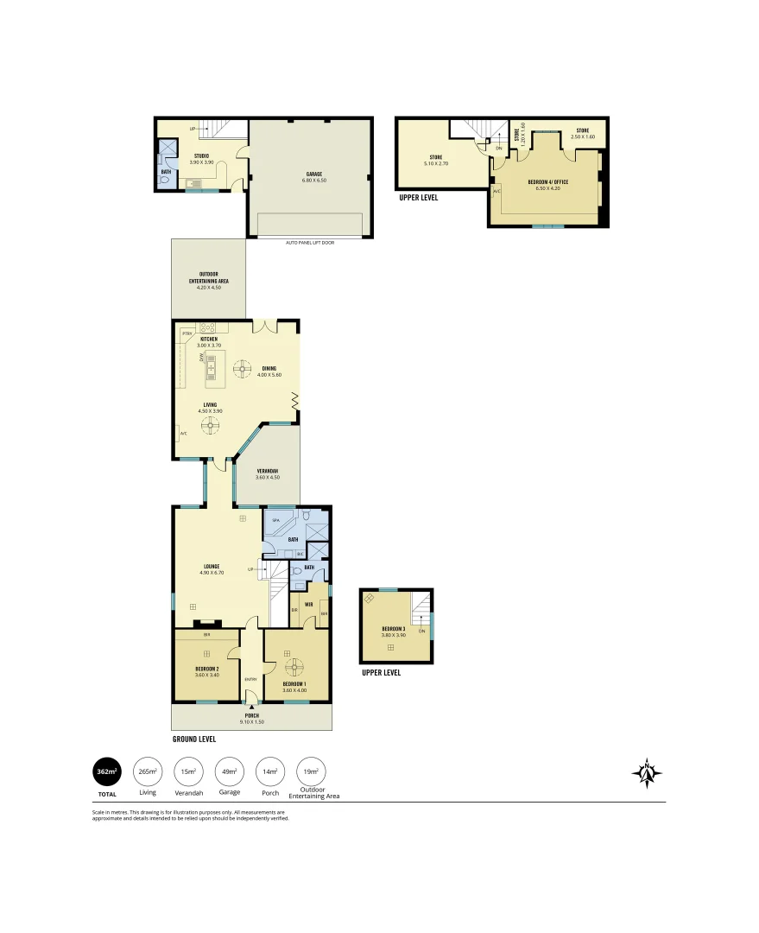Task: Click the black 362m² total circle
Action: click(x=107, y=771)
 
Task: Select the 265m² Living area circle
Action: click(x=148, y=771)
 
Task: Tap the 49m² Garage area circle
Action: click(x=230, y=771)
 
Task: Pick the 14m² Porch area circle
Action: click(x=270, y=771)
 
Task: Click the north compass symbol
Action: click(x=647, y=773)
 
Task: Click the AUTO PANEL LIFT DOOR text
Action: click(x=309, y=243)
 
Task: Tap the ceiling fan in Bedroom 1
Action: click(x=295, y=666)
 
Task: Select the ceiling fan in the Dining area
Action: click(x=242, y=367)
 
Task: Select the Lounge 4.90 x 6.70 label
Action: click(x=212, y=569)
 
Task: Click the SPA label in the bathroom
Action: click(x=275, y=521)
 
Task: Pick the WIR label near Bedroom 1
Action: click(x=308, y=604)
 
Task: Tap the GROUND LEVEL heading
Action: click(x=193, y=739)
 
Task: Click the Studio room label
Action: click(x=200, y=158)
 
